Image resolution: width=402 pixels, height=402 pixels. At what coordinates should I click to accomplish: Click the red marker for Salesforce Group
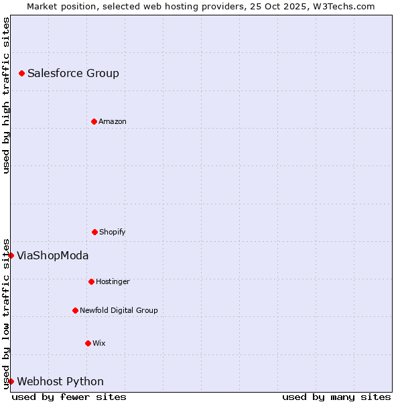(x=21, y=73)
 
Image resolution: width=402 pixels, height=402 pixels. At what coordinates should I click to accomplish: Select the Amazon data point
(x=94, y=121)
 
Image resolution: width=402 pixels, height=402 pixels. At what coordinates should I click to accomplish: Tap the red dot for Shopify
(x=94, y=232)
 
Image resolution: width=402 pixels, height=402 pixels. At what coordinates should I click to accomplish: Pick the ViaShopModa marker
(x=11, y=255)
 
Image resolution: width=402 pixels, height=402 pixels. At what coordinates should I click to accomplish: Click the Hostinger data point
(x=91, y=281)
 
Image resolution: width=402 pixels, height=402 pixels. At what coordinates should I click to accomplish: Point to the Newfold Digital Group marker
(x=75, y=310)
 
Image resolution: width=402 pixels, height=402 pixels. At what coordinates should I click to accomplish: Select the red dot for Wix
(x=88, y=343)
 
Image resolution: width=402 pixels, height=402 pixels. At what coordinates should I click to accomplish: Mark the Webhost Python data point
(x=11, y=381)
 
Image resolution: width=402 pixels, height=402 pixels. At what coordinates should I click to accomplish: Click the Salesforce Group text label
(x=73, y=74)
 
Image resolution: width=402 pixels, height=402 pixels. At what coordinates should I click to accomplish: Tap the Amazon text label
(x=113, y=122)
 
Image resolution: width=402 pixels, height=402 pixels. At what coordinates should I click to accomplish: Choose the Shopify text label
(x=113, y=232)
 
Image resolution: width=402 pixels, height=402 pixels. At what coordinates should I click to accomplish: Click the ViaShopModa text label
(x=52, y=256)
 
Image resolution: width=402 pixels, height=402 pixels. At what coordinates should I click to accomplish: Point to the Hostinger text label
(x=113, y=282)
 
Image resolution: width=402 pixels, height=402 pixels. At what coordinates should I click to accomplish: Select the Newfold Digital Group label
(x=119, y=311)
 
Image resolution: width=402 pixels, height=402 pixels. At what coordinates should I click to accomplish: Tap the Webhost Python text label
(x=60, y=382)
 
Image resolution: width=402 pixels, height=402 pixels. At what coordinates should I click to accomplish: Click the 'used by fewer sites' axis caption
(x=69, y=397)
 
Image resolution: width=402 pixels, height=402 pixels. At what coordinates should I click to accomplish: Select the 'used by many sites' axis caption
(x=336, y=397)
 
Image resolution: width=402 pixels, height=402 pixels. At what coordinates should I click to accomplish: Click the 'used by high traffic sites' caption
(x=6, y=95)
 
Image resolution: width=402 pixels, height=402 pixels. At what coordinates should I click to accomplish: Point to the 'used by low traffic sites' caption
(x=6, y=314)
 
